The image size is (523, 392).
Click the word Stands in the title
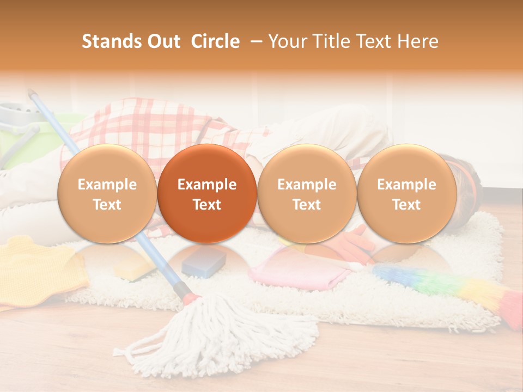(x=111, y=41)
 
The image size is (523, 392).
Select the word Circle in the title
(x=215, y=41)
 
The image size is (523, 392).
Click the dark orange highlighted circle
(x=207, y=194)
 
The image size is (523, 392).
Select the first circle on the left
(x=107, y=194)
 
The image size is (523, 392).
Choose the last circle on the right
(x=406, y=194)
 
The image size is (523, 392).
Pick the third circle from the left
(x=307, y=194)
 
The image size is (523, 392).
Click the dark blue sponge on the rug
(x=204, y=262)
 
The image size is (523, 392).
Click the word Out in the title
(x=163, y=41)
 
